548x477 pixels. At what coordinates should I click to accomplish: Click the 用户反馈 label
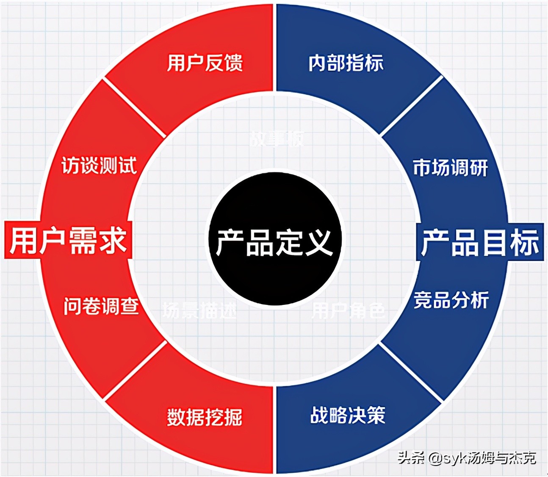pyautogui.click(x=205, y=63)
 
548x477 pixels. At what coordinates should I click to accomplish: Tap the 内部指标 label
pyautogui.click(x=346, y=63)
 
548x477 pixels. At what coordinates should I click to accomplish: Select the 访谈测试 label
pyautogui.click(x=99, y=165)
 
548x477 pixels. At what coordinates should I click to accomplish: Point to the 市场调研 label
pyautogui.click(x=450, y=167)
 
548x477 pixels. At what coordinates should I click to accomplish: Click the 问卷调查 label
pyautogui.click(x=101, y=306)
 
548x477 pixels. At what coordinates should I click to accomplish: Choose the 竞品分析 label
pyautogui.click(x=451, y=300)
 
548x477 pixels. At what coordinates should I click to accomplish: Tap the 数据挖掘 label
pyautogui.click(x=205, y=417)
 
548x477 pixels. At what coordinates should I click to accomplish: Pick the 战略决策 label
pyautogui.click(x=348, y=415)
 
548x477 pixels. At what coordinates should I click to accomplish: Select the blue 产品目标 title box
pyautogui.click(x=480, y=242)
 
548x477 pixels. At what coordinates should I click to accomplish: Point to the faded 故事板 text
pyautogui.click(x=277, y=138)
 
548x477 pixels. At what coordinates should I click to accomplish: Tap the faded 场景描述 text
pyautogui.click(x=199, y=310)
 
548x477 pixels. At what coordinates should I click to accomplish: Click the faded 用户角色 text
pyautogui.click(x=349, y=310)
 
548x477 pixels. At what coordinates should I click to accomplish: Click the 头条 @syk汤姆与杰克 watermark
pyautogui.click(x=466, y=458)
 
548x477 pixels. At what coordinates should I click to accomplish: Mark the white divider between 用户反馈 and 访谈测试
pyautogui.click(x=134, y=108)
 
